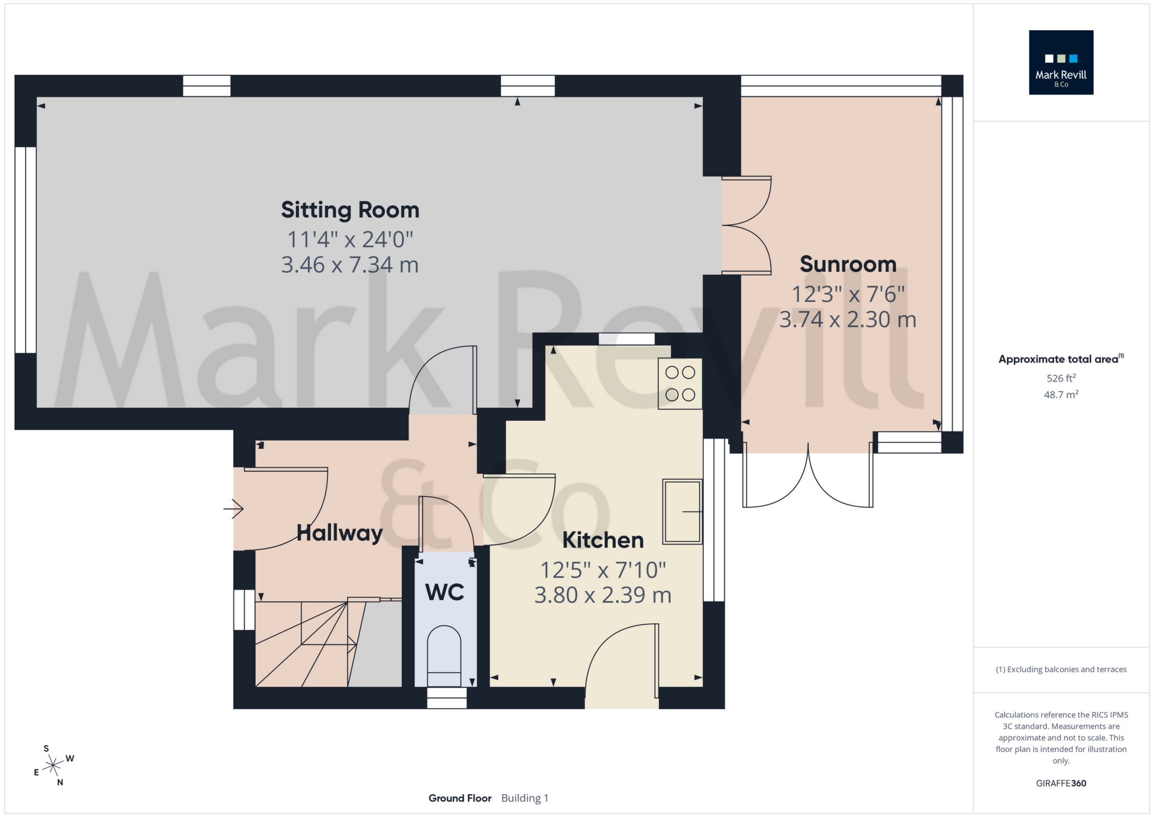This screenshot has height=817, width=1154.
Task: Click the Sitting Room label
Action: [x=350, y=210]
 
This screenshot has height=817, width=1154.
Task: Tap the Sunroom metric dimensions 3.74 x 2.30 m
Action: [x=847, y=320]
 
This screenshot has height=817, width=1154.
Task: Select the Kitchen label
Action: [x=602, y=540]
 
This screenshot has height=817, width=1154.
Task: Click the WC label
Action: [x=445, y=593]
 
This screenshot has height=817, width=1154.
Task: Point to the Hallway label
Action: [x=340, y=534]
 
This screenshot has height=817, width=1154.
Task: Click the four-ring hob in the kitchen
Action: [x=680, y=384]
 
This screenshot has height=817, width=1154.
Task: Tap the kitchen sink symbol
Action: [x=682, y=511]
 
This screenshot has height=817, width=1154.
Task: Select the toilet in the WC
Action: [x=444, y=656]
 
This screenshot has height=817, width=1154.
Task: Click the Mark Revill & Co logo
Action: [x=1061, y=63]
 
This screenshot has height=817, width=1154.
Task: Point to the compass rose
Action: [x=54, y=765]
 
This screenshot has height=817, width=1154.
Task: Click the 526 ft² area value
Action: [x=1061, y=378]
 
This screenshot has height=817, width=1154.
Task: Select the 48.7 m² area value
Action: [x=1061, y=395]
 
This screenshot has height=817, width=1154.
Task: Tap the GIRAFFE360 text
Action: [x=1061, y=783]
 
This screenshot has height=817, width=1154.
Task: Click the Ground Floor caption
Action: [x=460, y=798]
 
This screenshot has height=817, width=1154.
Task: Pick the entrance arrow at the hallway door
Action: [x=234, y=509]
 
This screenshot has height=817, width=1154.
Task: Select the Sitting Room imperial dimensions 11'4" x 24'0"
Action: [x=350, y=239]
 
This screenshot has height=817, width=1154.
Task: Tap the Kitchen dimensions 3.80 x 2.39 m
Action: [x=602, y=595]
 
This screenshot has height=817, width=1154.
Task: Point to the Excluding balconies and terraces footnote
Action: [x=1061, y=669]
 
